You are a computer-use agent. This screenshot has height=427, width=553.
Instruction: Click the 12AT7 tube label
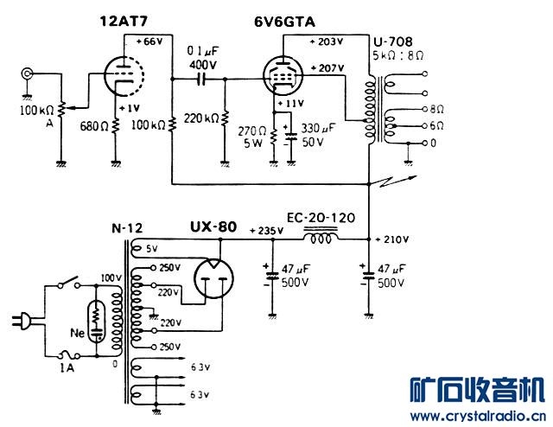tap(124, 21)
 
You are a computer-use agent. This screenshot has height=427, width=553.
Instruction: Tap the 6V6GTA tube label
tap(284, 22)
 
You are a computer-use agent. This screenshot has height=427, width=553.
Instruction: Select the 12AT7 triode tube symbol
tap(124, 76)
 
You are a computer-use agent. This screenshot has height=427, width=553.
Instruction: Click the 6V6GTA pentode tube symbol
tap(283, 76)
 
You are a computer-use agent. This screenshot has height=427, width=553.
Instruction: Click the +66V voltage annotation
tap(149, 41)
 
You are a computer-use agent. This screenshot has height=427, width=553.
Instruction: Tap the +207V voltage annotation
tap(327, 67)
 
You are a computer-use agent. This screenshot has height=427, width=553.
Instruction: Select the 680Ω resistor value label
tap(94, 126)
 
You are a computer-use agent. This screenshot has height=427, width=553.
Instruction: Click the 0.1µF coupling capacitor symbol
tap(201, 80)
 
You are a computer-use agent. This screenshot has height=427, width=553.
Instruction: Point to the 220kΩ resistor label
tap(201, 118)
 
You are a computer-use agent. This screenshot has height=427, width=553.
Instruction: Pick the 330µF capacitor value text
tap(318, 128)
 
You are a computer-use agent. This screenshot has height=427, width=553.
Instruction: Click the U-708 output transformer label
tap(392, 42)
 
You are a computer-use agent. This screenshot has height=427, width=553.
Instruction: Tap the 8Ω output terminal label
tap(436, 110)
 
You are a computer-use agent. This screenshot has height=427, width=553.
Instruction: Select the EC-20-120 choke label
tap(321, 218)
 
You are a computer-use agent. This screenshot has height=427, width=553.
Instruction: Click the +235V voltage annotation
tap(266, 231)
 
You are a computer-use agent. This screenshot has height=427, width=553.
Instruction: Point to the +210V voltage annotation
tap(391, 239)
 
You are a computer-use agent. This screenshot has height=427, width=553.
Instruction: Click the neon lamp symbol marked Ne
tap(96, 322)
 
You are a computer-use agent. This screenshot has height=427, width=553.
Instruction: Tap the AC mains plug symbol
tap(22, 322)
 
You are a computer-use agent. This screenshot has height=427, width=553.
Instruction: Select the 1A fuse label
tap(67, 368)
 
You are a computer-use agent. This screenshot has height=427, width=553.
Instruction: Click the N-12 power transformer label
tap(127, 228)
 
